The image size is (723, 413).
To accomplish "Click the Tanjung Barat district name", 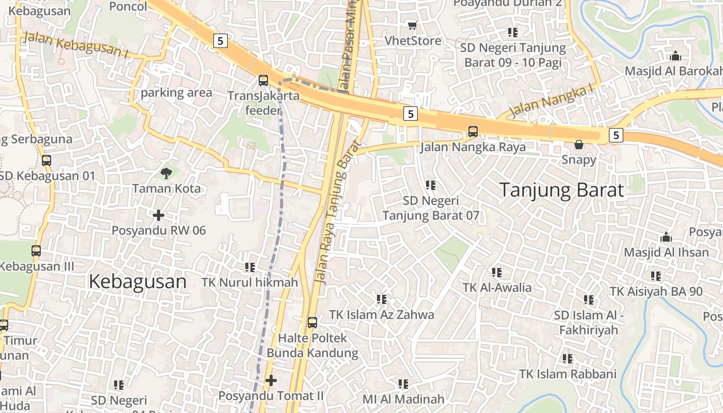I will [561, 190].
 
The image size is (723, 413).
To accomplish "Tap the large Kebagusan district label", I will [137, 281].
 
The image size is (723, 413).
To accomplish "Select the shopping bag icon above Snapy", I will [579, 145].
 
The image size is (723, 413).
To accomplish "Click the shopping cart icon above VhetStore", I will [412, 25].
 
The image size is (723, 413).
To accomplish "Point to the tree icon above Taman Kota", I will [166, 173].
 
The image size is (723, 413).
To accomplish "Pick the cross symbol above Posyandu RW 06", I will [159, 215].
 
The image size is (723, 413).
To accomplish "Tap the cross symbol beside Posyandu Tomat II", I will [271, 381].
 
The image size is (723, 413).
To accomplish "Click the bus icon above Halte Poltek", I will [312, 323].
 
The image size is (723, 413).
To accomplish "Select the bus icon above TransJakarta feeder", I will [263, 81].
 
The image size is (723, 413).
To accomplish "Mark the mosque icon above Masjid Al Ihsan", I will [666, 237].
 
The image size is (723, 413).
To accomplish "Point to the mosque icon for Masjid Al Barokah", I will [675, 56].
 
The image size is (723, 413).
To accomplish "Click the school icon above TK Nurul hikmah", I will [250, 267].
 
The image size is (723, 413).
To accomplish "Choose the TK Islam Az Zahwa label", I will [382, 314].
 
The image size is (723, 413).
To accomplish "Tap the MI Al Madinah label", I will [403, 399].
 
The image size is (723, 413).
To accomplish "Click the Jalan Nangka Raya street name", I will [473, 147].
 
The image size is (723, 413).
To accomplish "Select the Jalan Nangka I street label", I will [551, 101].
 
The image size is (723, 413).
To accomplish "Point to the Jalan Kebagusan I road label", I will [76, 44].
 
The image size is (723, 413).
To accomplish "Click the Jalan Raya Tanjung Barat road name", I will [336, 212].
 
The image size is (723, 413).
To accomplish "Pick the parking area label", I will [177, 93].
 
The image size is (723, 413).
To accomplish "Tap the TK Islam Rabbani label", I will [568, 374].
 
